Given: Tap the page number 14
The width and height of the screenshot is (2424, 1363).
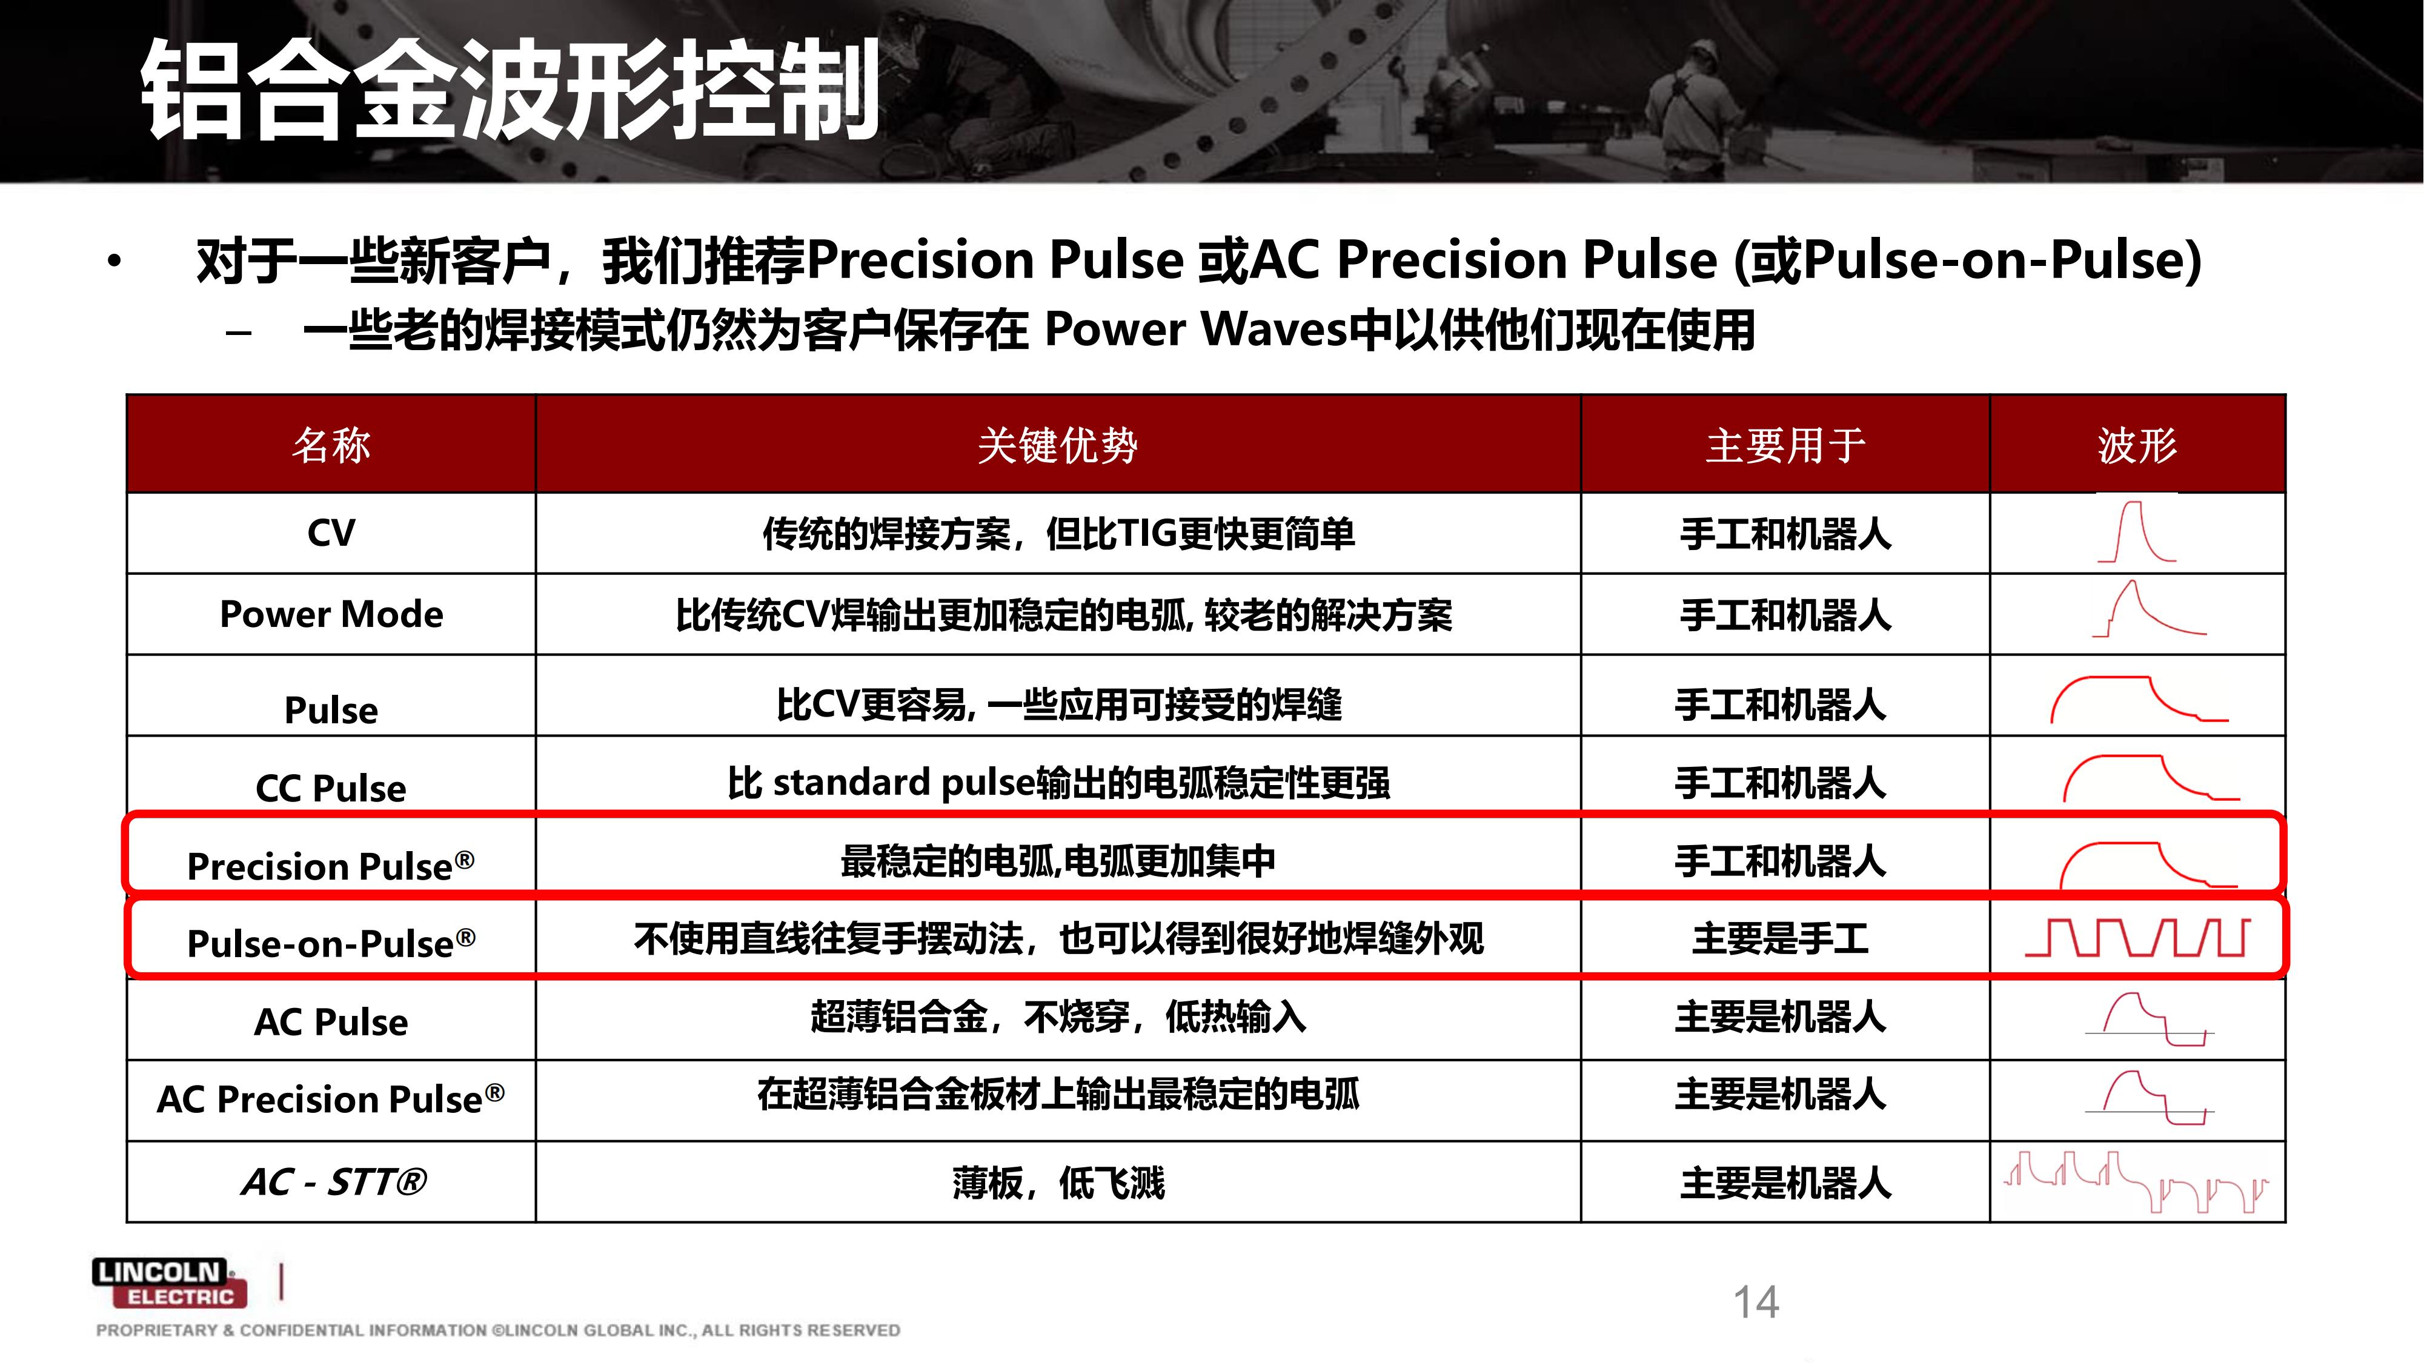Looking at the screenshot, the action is (1756, 1303).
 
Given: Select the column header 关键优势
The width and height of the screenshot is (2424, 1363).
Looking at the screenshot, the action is (1058, 445).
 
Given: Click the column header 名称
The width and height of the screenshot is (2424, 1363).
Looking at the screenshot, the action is (331, 445).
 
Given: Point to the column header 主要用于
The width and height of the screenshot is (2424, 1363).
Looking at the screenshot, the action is (1785, 445).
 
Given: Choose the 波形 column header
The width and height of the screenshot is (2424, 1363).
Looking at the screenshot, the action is (2137, 445).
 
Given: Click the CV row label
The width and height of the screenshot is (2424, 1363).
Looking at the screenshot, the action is (331, 533).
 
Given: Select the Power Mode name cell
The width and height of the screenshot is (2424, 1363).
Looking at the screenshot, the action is (331, 614).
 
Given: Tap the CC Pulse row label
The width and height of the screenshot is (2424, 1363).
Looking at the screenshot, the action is (331, 788).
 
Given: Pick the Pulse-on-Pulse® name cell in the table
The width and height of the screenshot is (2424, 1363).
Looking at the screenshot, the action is (331, 943).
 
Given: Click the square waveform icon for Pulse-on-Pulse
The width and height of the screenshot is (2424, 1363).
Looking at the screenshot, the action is (2137, 938).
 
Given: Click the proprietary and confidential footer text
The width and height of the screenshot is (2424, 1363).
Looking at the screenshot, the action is (498, 1330).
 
